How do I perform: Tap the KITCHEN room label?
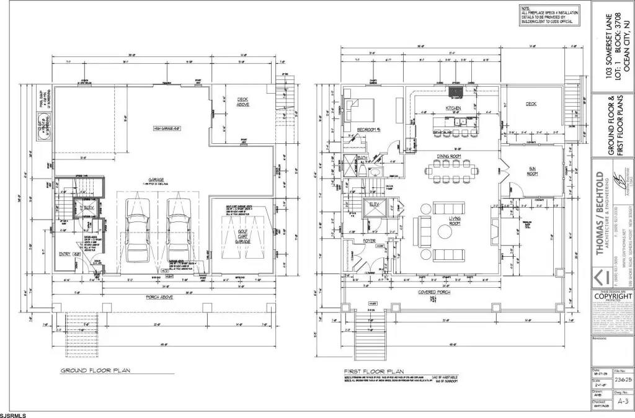click(x=453, y=109)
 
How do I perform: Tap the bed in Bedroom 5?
click(x=357, y=110)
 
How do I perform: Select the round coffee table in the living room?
click(x=445, y=233)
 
